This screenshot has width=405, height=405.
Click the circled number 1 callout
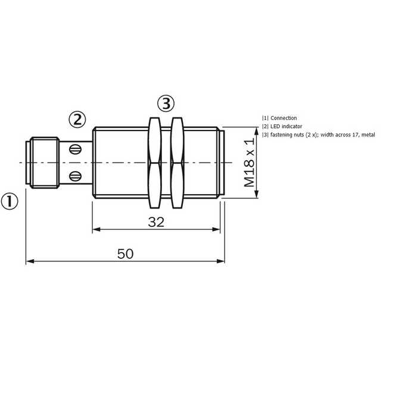tap(10, 201)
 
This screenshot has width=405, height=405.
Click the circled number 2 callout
tap(77, 120)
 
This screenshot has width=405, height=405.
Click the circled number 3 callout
tap(166, 104)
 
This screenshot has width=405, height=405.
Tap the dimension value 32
tap(156, 222)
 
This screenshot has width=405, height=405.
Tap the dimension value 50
tap(125, 254)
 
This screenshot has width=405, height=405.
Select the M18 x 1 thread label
tap(249, 162)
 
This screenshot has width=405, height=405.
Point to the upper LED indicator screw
tap(76, 149)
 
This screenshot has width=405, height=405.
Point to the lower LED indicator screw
tap(76, 176)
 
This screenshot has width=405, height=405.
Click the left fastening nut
tap(155, 163)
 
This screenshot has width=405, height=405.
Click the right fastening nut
tap(177, 163)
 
